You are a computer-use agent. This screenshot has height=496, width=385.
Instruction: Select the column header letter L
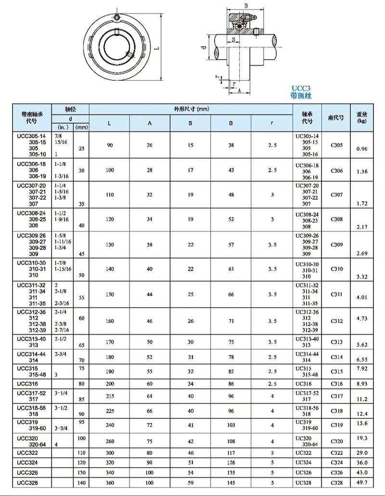(x=109, y=123)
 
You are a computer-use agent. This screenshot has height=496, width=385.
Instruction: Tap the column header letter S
(x=190, y=123)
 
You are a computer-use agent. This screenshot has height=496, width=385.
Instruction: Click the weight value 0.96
(x=362, y=149)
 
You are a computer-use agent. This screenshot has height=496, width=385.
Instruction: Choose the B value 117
(x=231, y=453)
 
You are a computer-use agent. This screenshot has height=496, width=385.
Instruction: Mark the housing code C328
(x=337, y=482)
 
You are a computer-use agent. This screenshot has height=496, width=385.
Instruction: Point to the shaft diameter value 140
(x=82, y=482)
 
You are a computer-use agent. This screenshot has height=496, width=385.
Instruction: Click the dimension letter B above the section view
(x=246, y=6)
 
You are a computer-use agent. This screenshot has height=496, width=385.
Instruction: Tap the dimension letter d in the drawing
(x=204, y=48)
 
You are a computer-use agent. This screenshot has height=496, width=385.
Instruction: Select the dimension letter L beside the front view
(x=165, y=49)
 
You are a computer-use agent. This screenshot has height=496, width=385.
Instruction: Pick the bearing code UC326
(x=304, y=472)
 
